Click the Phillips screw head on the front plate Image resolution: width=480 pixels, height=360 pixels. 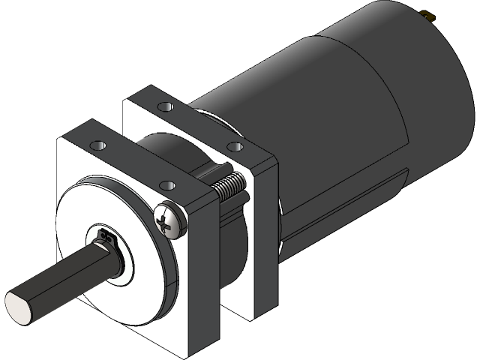tap(167, 221)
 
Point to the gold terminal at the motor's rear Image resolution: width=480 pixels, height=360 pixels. tap(430, 14)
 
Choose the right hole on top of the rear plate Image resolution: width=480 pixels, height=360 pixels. tap(233, 145)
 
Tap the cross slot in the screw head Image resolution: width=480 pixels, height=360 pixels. tap(166, 220)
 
